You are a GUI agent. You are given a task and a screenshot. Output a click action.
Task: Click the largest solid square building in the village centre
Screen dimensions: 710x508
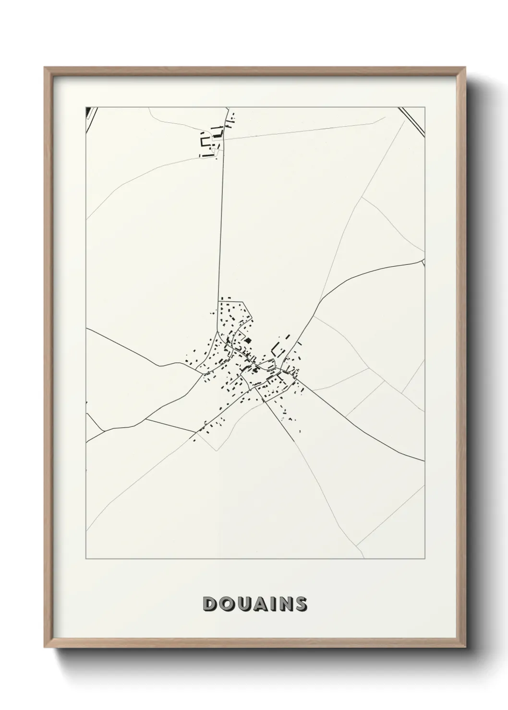248,341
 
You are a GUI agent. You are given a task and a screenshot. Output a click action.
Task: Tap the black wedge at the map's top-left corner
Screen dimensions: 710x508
88,112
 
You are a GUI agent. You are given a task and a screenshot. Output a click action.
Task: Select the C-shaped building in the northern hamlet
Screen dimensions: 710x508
205,142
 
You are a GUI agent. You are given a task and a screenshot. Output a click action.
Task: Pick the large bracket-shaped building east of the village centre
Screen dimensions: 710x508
275,349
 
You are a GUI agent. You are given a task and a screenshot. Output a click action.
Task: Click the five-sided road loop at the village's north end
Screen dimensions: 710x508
235,314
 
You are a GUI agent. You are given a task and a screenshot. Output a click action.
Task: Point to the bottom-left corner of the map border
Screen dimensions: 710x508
86,559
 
